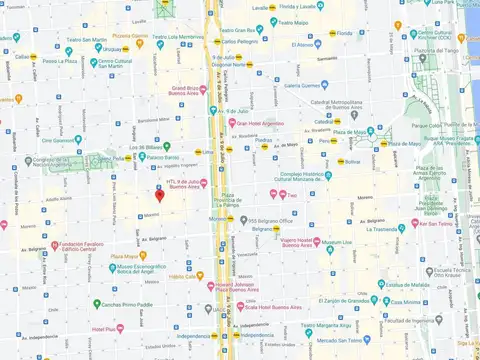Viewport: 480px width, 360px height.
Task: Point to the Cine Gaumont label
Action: [68, 140]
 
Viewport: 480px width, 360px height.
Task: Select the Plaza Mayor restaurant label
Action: [128, 256]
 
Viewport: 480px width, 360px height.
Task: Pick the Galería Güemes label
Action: [309, 85]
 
